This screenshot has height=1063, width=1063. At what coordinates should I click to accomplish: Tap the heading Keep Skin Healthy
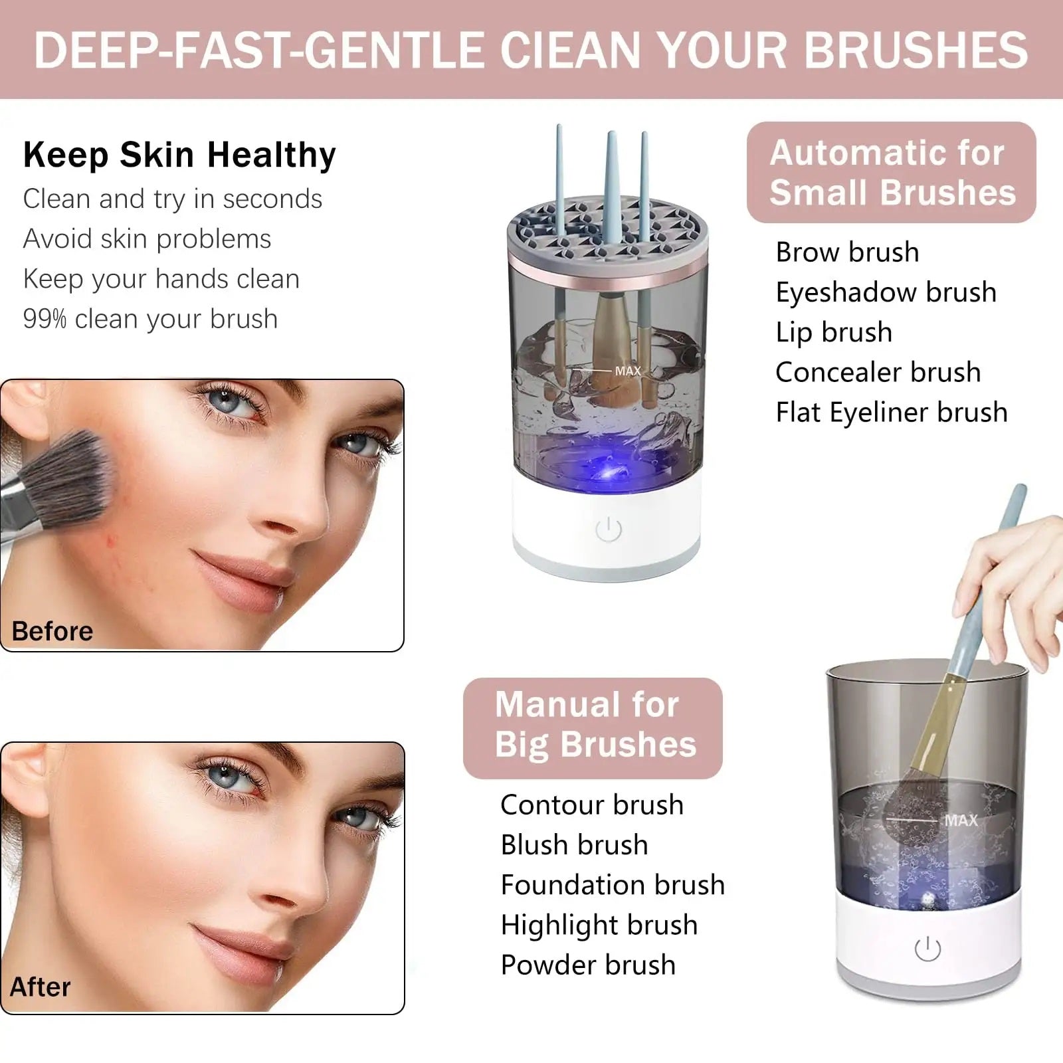(179, 155)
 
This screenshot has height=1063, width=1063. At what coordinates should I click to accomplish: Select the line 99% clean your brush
(150, 319)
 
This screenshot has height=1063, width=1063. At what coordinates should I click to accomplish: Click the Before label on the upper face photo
(52, 631)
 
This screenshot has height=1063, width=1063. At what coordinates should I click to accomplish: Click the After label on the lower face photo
(40, 987)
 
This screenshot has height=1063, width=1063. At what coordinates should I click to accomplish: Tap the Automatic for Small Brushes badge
(892, 173)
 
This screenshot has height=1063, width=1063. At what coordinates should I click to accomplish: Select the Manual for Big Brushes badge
(593, 728)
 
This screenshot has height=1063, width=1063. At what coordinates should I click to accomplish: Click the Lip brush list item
(834, 332)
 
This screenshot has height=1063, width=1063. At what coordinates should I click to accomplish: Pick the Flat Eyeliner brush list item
(892, 413)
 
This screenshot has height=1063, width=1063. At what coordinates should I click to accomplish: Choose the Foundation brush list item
(613, 885)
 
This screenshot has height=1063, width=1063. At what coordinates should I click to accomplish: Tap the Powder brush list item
(588, 965)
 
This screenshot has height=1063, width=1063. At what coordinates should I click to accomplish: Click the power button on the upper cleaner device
(609, 530)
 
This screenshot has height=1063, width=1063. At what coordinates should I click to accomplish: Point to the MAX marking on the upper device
(628, 371)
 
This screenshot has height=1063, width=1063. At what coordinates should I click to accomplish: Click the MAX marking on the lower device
(961, 821)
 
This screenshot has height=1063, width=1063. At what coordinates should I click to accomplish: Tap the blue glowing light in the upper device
(608, 472)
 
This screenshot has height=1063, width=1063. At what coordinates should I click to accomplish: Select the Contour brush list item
(592, 805)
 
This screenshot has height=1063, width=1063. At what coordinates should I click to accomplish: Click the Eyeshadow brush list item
(886, 292)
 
